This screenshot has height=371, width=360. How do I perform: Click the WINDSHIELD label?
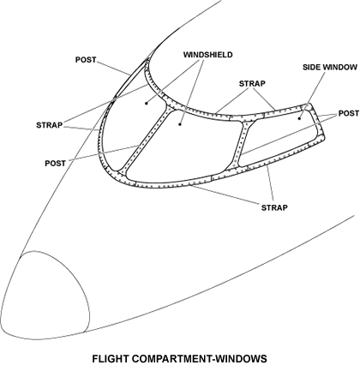click(208, 55)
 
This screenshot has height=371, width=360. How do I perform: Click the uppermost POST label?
click(86, 60)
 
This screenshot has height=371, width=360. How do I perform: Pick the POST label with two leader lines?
click(349, 113)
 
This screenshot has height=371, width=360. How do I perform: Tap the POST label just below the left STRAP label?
click(56, 164)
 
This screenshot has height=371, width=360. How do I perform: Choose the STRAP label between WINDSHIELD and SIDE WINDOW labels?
click(252, 83)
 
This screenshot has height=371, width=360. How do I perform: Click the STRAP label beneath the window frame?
click(274, 207)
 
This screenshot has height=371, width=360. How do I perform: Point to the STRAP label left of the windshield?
click(49, 125)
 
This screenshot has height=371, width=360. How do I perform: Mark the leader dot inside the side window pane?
click(299, 118)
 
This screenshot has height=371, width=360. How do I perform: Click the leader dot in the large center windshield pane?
click(180, 124)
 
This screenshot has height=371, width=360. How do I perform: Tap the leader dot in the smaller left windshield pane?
click(147, 103)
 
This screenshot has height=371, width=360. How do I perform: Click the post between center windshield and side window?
click(240, 144)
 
